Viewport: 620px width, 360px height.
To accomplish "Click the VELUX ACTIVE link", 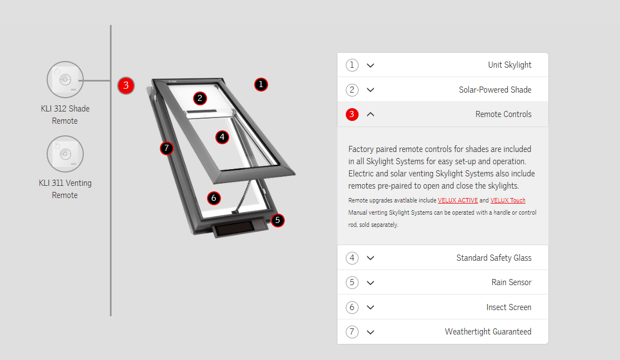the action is (457, 200).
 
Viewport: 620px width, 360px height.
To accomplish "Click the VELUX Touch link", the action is (508, 200).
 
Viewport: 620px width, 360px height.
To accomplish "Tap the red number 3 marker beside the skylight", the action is (126, 85).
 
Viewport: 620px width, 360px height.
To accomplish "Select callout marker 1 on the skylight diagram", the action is (261, 84).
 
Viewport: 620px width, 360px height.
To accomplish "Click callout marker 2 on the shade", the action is (200, 98).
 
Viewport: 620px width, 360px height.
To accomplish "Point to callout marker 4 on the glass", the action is (222, 137).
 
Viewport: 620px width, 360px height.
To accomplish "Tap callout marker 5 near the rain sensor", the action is (278, 220).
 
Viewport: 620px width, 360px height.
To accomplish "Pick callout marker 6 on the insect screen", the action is (214, 197).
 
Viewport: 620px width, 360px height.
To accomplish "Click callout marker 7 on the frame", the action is (167, 148).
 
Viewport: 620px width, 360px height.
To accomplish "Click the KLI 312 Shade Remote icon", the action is (65, 79).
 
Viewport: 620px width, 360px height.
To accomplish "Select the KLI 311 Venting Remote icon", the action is (65, 154).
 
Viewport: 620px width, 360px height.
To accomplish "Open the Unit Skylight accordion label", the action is (510, 65).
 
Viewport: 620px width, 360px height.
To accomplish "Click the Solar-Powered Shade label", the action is (495, 90).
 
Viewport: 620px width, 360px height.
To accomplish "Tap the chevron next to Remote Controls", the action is (370, 114).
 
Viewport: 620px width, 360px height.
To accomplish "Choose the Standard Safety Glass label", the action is (494, 257).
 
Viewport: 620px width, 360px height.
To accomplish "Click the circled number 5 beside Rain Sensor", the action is (352, 282).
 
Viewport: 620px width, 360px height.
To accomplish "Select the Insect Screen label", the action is (509, 307).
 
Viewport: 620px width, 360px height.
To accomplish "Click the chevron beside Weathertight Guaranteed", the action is (370, 332).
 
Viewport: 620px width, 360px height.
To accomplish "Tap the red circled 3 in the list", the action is (352, 114).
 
